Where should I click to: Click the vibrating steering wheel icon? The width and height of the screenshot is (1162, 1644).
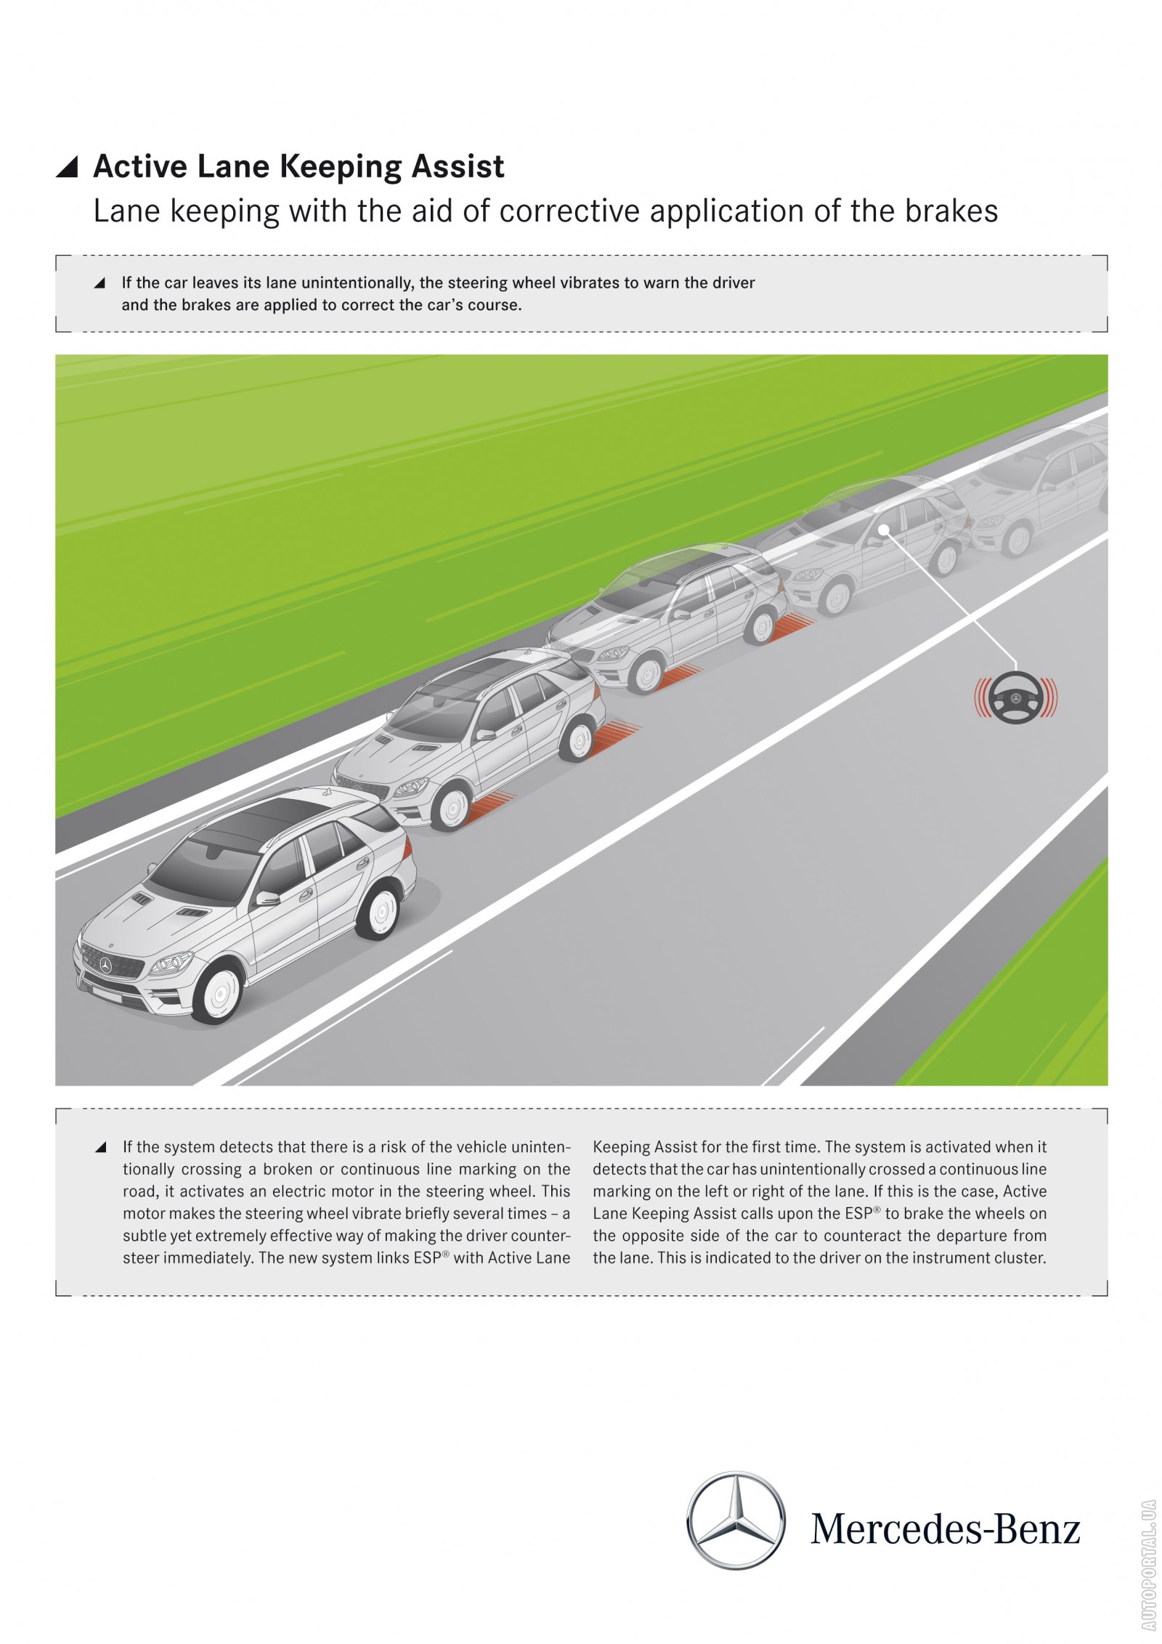click(1015, 698)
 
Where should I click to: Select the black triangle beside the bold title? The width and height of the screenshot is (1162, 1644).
click(67, 167)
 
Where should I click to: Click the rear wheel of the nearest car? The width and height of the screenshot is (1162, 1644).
click(379, 912)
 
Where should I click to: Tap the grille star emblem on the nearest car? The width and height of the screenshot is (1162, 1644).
click(106, 965)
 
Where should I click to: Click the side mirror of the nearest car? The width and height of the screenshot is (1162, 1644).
click(267, 898)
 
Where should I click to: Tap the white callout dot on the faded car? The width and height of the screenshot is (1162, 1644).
click(883, 530)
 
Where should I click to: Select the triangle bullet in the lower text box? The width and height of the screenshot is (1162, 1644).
click(101, 1147)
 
